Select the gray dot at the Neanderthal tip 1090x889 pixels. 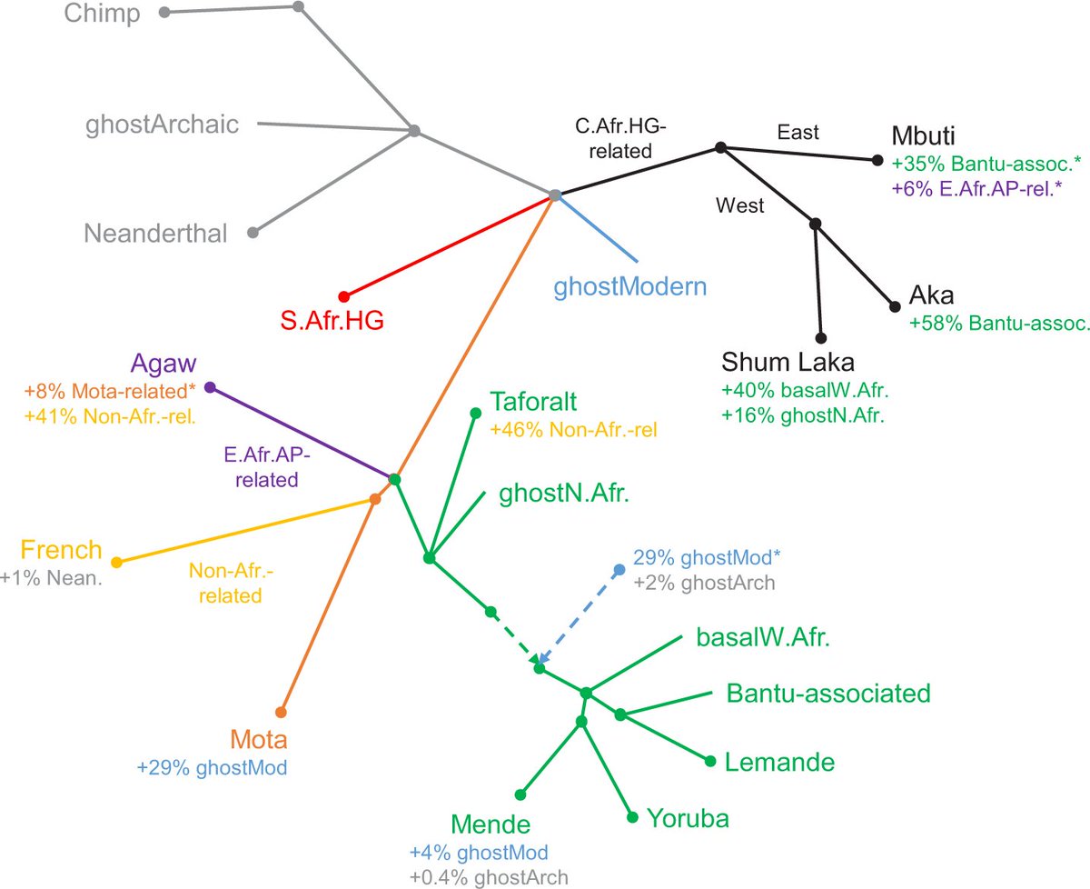click(x=253, y=234)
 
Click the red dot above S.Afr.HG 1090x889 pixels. click(x=344, y=296)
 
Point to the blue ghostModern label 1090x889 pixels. click(x=630, y=288)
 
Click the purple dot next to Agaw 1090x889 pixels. click(x=210, y=387)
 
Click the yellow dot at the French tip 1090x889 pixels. click(x=116, y=562)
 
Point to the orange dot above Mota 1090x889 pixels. click(x=282, y=712)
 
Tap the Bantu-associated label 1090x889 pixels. click(x=828, y=694)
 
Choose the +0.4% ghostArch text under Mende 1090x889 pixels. click(x=489, y=877)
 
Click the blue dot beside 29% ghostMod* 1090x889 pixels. click(x=619, y=570)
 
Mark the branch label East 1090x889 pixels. click(x=798, y=133)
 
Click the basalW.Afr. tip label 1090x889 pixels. click(x=765, y=637)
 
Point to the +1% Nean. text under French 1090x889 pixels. click(x=52, y=576)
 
